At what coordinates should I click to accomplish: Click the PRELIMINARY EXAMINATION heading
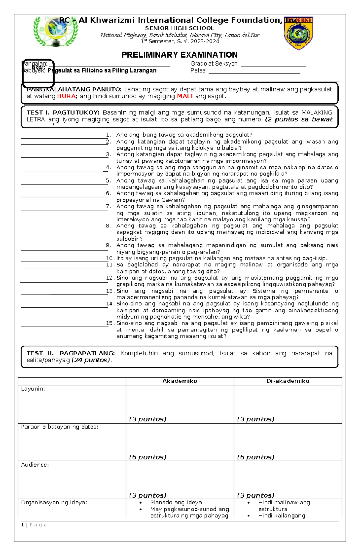click(x=179, y=55)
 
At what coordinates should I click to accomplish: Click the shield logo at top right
click(x=298, y=33)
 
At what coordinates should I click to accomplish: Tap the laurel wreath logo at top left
click(x=55, y=31)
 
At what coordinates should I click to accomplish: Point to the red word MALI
click(x=184, y=96)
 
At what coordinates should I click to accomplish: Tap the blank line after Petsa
click(x=254, y=71)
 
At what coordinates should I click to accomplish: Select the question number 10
click(x=110, y=258)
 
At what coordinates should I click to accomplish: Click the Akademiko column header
click(x=180, y=381)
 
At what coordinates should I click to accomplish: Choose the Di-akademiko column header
click(x=288, y=381)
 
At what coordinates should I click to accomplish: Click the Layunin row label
click(x=33, y=389)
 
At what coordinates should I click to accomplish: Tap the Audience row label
click(x=35, y=465)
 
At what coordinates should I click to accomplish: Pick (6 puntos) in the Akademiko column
click(x=148, y=457)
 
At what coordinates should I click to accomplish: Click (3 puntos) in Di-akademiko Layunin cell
click(x=256, y=419)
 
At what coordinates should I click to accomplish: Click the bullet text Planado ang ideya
click(x=176, y=502)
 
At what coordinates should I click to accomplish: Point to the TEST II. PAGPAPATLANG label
click(x=71, y=353)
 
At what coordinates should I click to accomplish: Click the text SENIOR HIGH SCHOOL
click(x=180, y=28)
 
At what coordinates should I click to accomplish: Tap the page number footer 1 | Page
click(x=34, y=525)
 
